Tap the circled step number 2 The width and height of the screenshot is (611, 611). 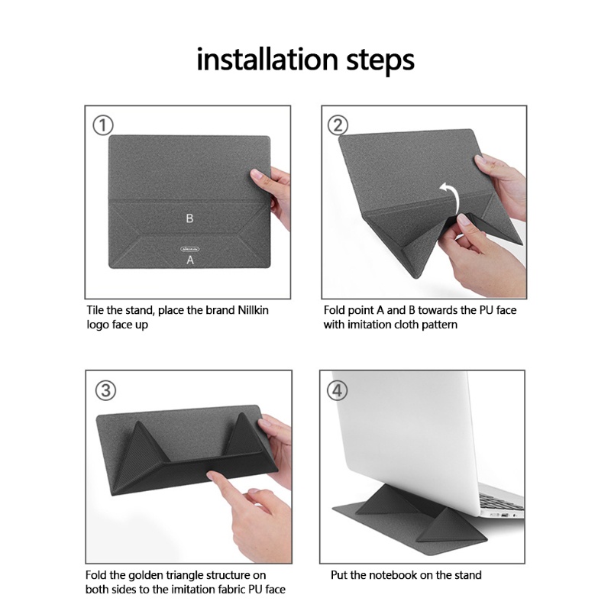339,125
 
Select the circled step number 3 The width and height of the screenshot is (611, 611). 105,390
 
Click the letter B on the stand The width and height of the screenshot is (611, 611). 189,218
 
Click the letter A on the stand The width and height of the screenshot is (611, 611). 190,260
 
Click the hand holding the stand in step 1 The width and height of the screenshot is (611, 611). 275,191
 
